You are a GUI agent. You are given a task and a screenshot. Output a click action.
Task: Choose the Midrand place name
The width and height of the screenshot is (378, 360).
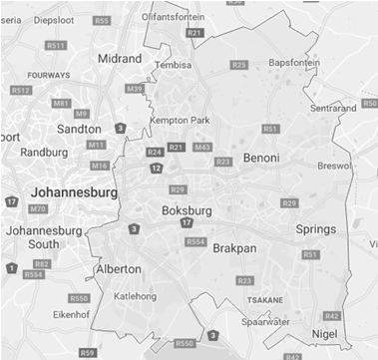[x=120, y=59]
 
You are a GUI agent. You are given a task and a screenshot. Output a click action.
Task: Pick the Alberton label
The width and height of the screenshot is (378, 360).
[x=118, y=269]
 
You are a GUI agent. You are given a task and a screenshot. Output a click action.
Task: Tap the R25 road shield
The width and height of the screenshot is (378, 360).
[x=238, y=65]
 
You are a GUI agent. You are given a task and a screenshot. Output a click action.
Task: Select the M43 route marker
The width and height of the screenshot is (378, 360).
[x=202, y=147]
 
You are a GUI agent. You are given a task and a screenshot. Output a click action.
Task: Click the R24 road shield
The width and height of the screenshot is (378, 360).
[x=155, y=152]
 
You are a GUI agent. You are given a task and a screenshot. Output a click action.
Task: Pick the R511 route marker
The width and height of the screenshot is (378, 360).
[x=55, y=46]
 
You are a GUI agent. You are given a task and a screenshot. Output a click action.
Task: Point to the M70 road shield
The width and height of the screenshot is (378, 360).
[x=38, y=208]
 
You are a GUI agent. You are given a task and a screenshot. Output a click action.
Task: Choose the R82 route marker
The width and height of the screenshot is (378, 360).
[x=41, y=263]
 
